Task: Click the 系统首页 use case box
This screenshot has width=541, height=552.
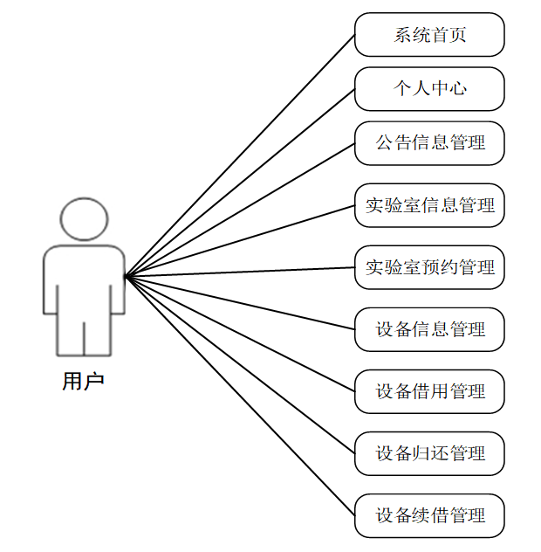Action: (x=429, y=35)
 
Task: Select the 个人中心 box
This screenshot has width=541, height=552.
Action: (x=429, y=88)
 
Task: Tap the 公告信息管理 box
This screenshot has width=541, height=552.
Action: (x=429, y=142)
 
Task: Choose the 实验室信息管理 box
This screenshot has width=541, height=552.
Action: (x=429, y=205)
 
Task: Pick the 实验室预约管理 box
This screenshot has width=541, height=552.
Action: (x=429, y=267)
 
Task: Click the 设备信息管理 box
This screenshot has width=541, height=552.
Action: (x=429, y=329)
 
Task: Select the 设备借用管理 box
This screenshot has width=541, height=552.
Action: (x=429, y=391)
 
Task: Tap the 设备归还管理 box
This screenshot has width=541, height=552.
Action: (x=429, y=453)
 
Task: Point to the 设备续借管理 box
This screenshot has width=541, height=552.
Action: (x=429, y=515)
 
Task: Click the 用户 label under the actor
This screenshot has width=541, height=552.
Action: (x=84, y=382)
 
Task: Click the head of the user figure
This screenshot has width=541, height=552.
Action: (x=84, y=220)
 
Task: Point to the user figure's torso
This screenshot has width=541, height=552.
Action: (x=84, y=279)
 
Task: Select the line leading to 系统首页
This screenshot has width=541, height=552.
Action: (x=240, y=157)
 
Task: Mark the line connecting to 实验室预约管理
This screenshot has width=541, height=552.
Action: (x=240, y=273)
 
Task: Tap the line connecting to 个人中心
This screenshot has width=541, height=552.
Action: (x=240, y=183)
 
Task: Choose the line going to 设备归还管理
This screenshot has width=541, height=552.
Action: (x=240, y=365)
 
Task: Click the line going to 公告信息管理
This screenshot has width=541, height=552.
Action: (x=240, y=210)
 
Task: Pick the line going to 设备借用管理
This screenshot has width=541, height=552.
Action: (x=240, y=335)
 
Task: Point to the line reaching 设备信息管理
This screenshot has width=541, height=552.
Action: (x=240, y=303)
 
